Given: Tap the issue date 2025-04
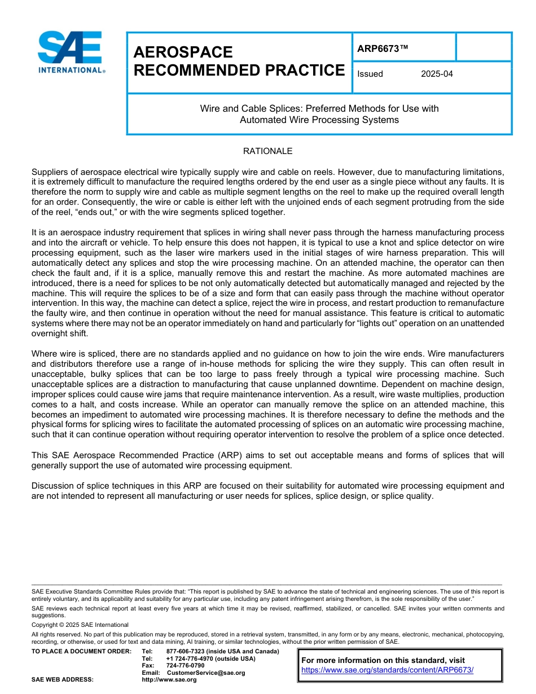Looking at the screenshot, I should pyautogui.click(x=437, y=74).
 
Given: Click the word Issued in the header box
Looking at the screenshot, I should pyautogui.click(x=370, y=74).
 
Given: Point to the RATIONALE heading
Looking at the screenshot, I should pyautogui.click(x=267, y=151).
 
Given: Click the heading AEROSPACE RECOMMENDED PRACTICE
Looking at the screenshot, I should pyautogui.click(x=239, y=62).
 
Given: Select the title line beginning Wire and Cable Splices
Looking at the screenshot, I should pyautogui.click(x=319, y=108).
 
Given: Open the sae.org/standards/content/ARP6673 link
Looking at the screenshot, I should pyautogui.click(x=387, y=670).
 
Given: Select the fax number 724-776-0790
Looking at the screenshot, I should pyautogui.click(x=185, y=665).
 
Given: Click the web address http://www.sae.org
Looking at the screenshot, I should pyautogui.click(x=169, y=679).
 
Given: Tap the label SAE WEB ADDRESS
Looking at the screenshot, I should pyautogui.click(x=63, y=679).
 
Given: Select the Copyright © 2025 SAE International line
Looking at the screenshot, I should pyautogui.click(x=80, y=625).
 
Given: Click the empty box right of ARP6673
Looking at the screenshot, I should pyautogui.click(x=483, y=47).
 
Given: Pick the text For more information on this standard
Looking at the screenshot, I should pyautogui.click(x=383, y=660).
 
